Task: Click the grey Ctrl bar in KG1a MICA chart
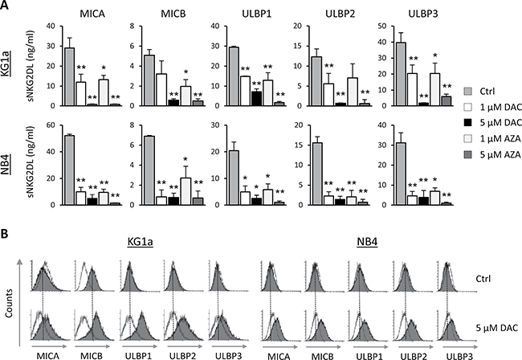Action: tap(70, 76)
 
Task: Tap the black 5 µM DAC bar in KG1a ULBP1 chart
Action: tap(256, 99)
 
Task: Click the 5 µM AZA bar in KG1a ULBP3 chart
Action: tap(446, 101)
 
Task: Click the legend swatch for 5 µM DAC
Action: tap(468, 123)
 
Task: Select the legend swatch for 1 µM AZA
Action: tap(468, 138)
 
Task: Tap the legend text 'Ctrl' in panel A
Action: tap(487, 92)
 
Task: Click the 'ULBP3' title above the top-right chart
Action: tap(423, 14)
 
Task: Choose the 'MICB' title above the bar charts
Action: tap(173, 14)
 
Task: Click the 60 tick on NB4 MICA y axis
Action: tap(55, 125)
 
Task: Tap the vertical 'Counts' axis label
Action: tap(9, 303)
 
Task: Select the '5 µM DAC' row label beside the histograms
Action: tap(496, 328)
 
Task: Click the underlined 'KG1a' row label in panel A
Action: tap(5, 65)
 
